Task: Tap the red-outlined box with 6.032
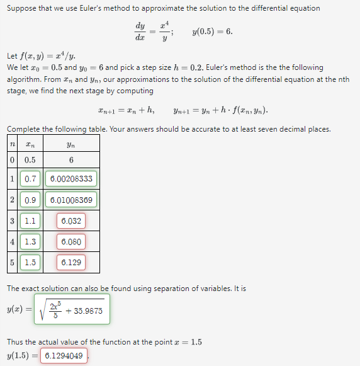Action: click(70, 221)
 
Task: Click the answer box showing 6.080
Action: click(70, 242)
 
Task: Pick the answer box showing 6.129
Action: click(70, 263)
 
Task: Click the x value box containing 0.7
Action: click(30, 179)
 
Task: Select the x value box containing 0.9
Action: click(30, 200)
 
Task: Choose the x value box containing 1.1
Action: click(30, 221)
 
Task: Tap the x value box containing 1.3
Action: click(30, 242)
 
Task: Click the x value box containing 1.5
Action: click(30, 263)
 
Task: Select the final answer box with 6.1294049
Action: click(64, 356)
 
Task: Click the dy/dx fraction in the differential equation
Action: click(140, 31)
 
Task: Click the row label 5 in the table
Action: click(12, 263)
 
